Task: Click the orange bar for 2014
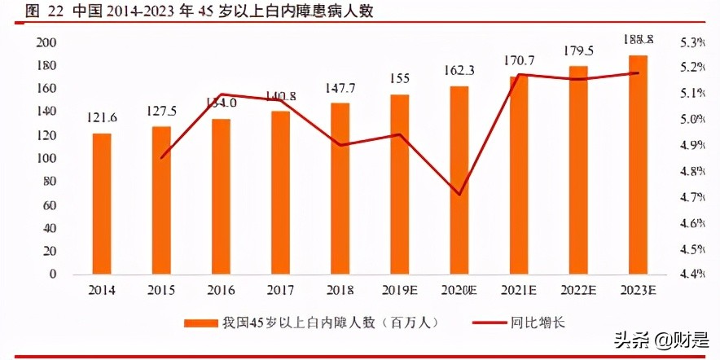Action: pyautogui.click(x=102, y=204)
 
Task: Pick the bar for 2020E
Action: pyautogui.click(x=459, y=180)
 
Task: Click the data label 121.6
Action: pyautogui.click(x=102, y=118)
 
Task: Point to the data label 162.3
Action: pyautogui.click(x=459, y=71)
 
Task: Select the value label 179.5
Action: pyautogui.click(x=578, y=50)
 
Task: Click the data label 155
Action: pyautogui.click(x=399, y=79)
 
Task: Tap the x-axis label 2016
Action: pyautogui.click(x=221, y=291)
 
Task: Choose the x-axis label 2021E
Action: pyautogui.click(x=519, y=291)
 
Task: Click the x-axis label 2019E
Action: pyautogui.click(x=399, y=291)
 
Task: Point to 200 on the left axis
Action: pyautogui.click(x=47, y=42)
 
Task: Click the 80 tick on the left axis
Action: pyautogui.click(x=50, y=182)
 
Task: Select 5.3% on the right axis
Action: pyautogui.click(x=691, y=42)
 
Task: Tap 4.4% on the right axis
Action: pyautogui.click(x=691, y=274)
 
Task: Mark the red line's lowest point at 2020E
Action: pyautogui.click(x=459, y=195)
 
